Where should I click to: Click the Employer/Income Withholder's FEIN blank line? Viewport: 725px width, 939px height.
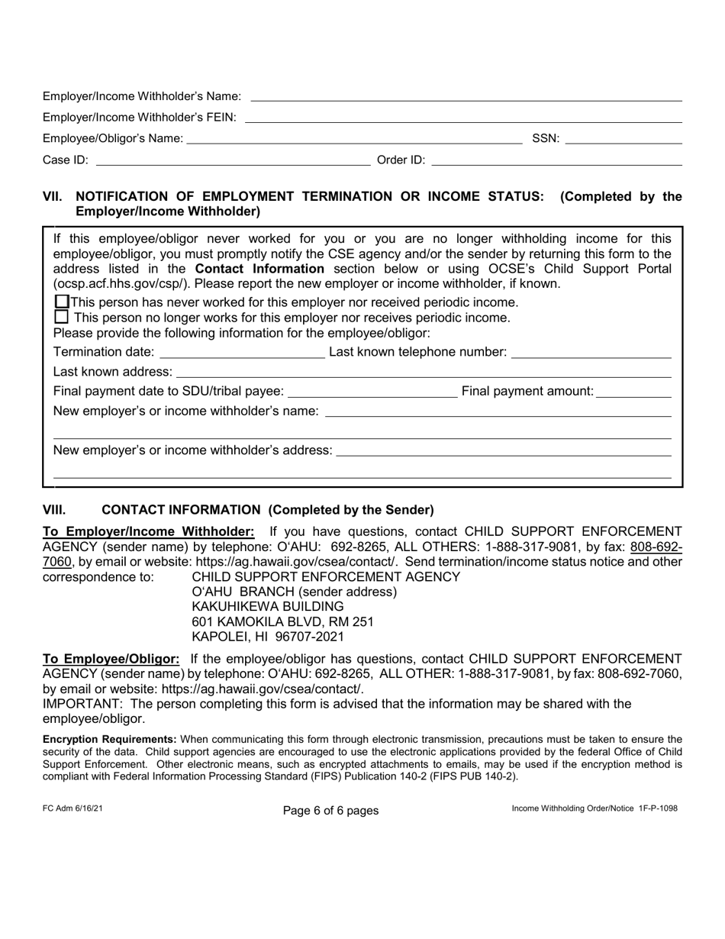tap(462, 118)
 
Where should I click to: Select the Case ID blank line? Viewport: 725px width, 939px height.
tap(233, 160)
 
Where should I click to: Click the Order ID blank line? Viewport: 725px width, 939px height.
tap(556, 160)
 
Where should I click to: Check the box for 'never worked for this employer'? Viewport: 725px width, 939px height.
tap(63, 302)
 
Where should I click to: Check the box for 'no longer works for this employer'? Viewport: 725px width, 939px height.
tap(63, 317)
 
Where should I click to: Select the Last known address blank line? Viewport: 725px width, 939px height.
tap(424, 373)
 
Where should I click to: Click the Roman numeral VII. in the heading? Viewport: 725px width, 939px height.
tap(53, 197)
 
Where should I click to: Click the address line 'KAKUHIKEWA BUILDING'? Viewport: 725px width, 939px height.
tap(263, 606)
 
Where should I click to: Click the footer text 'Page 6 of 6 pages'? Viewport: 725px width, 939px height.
tap(330, 810)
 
